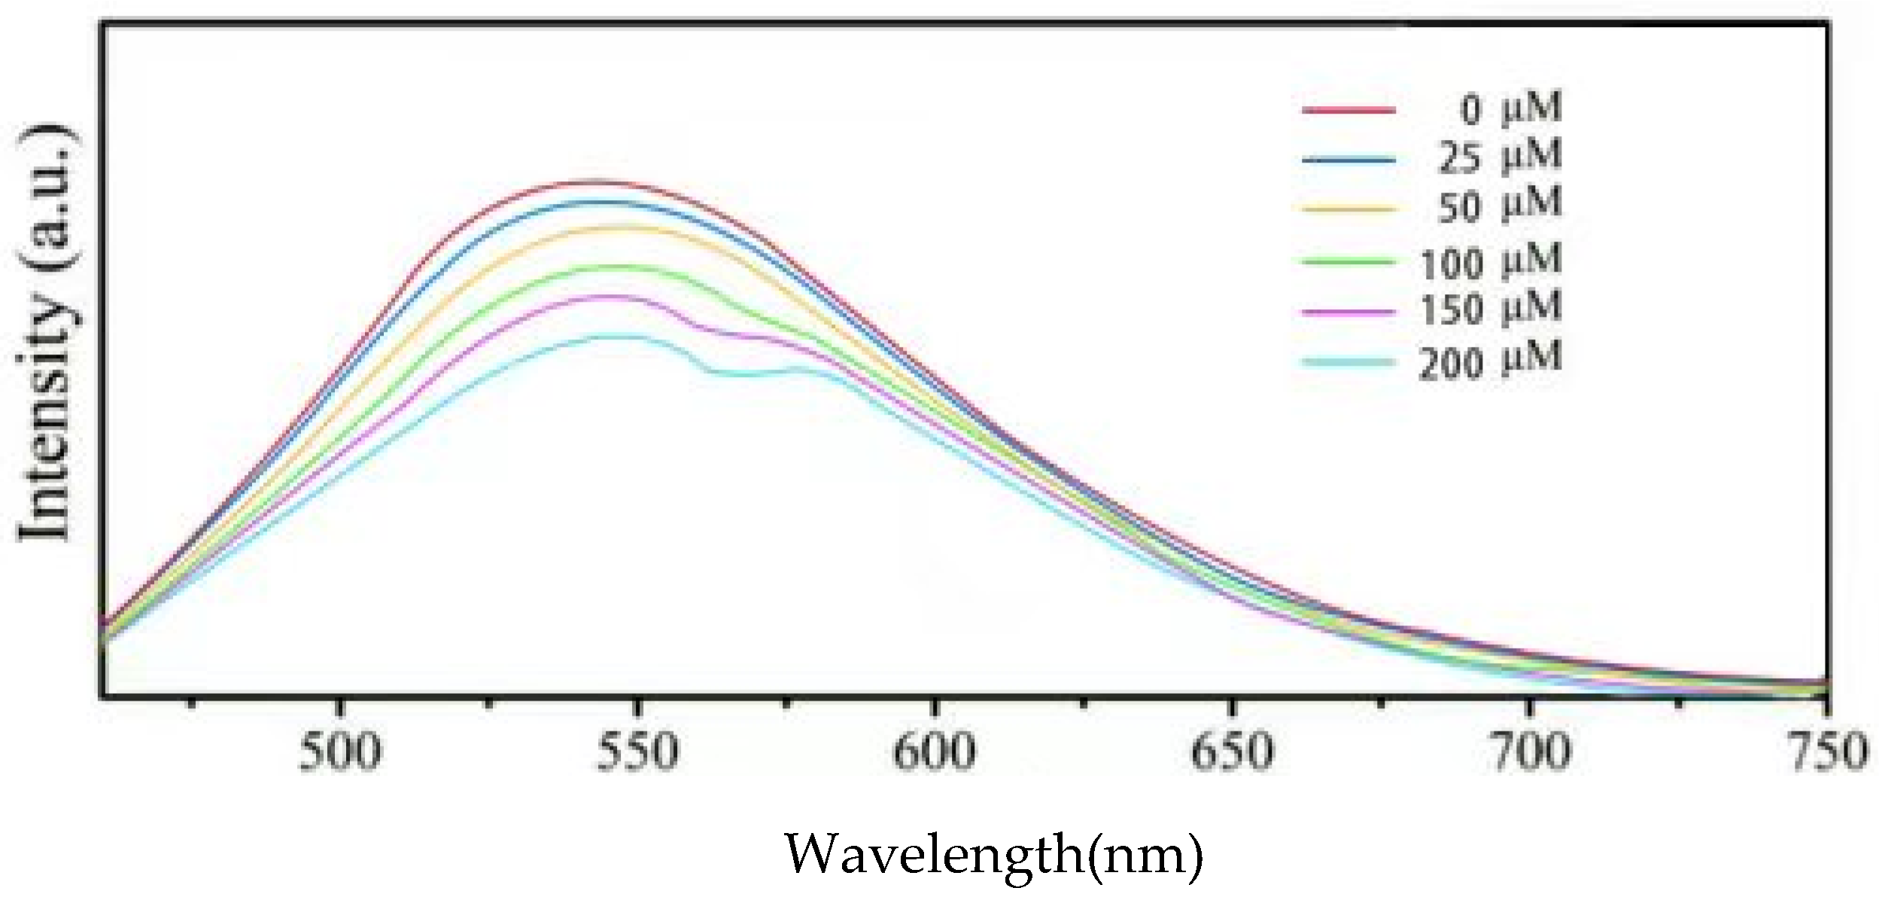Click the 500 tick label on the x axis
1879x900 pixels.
[x=340, y=753]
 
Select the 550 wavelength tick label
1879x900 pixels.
[x=637, y=753]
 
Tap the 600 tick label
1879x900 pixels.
[x=934, y=753]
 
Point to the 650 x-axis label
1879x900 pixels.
[x=1232, y=753]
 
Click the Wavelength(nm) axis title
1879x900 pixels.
[x=994, y=856]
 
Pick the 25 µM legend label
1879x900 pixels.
[x=1500, y=157]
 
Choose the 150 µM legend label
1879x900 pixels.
[x=1490, y=309]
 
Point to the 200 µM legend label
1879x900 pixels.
[x=1490, y=362]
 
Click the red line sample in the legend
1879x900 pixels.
[x=1348, y=110]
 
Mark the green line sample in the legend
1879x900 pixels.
[x=1348, y=261]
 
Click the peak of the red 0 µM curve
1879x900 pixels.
[x=594, y=182]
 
